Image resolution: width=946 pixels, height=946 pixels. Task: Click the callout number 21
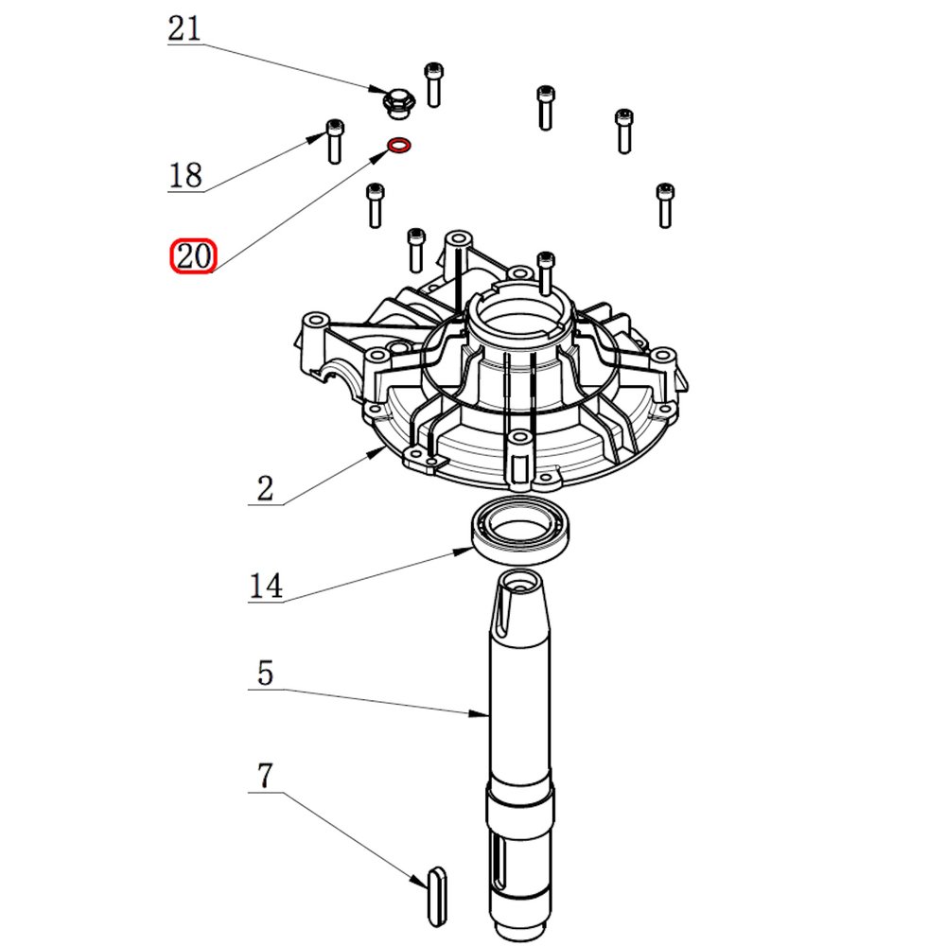point(184,28)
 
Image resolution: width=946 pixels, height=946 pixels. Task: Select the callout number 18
point(185,175)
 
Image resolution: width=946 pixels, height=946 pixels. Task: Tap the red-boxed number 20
point(193,256)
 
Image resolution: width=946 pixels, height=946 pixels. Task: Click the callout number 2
point(265,488)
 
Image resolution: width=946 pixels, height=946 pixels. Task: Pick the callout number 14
point(266,586)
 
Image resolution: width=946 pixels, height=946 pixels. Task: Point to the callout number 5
point(265,674)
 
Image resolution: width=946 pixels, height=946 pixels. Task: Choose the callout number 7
point(265,777)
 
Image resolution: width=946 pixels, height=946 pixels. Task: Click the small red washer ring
point(398,147)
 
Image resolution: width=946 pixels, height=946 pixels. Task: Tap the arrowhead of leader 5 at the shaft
point(484,711)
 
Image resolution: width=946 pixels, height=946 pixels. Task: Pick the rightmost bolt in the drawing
point(664,204)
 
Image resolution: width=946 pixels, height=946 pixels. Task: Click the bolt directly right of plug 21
point(433,83)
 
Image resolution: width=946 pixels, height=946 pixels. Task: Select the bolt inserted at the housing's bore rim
point(545,272)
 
